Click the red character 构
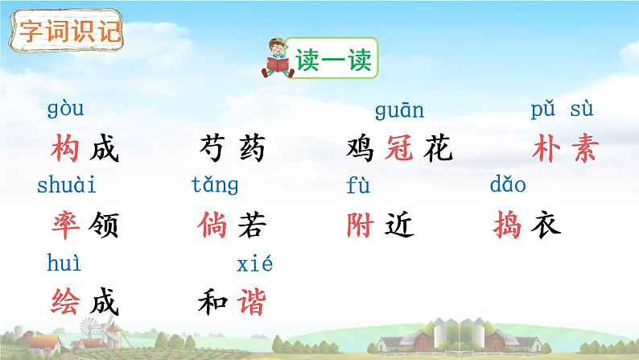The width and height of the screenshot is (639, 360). tap(65, 150)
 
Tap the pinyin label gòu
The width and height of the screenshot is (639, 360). tap(65, 109)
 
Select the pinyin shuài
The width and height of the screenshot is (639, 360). tap(67, 186)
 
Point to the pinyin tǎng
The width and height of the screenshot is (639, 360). tap(215, 186)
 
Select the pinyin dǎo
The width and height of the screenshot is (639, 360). tap(508, 186)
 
